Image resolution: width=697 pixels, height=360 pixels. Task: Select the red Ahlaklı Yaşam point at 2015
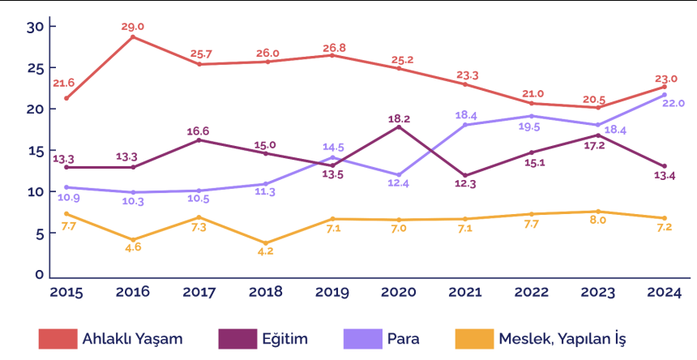coord(66,98)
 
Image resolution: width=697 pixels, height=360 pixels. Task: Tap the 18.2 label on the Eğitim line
coord(400,118)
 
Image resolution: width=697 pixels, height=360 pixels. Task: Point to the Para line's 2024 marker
coord(664,95)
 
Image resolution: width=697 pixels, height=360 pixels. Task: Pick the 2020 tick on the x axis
coord(400,291)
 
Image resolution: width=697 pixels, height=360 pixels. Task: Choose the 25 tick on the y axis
coord(35,67)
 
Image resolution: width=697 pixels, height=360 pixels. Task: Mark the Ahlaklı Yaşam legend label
coord(131,337)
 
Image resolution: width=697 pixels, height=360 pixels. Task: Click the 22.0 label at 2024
coord(672,104)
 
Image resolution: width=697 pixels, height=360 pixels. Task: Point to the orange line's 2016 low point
coord(132,240)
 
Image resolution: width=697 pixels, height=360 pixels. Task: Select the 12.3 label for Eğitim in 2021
coord(466,184)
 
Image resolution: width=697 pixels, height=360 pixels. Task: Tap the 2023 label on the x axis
coord(598,291)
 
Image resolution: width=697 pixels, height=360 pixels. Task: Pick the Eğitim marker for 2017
coord(199,140)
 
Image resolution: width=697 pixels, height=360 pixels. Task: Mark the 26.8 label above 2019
coord(333,47)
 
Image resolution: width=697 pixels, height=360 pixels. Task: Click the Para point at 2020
coord(400,175)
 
